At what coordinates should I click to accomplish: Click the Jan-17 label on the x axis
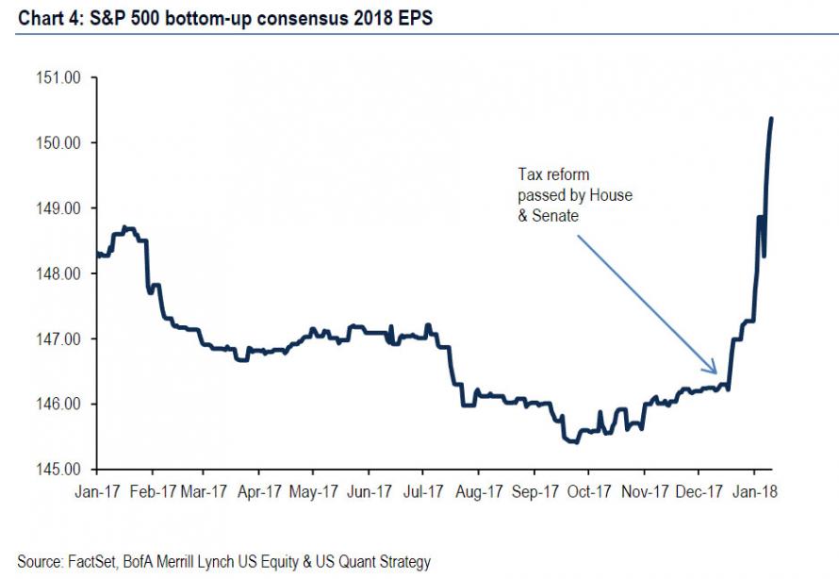pyautogui.click(x=94, y=491)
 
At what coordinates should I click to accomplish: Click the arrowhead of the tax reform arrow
pyautogui.click(x=716, y=372)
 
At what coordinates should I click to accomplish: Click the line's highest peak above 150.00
pyautogui.click(x=771, y=119)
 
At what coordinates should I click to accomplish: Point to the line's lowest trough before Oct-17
pyautogui.click(x=573, y=441)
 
